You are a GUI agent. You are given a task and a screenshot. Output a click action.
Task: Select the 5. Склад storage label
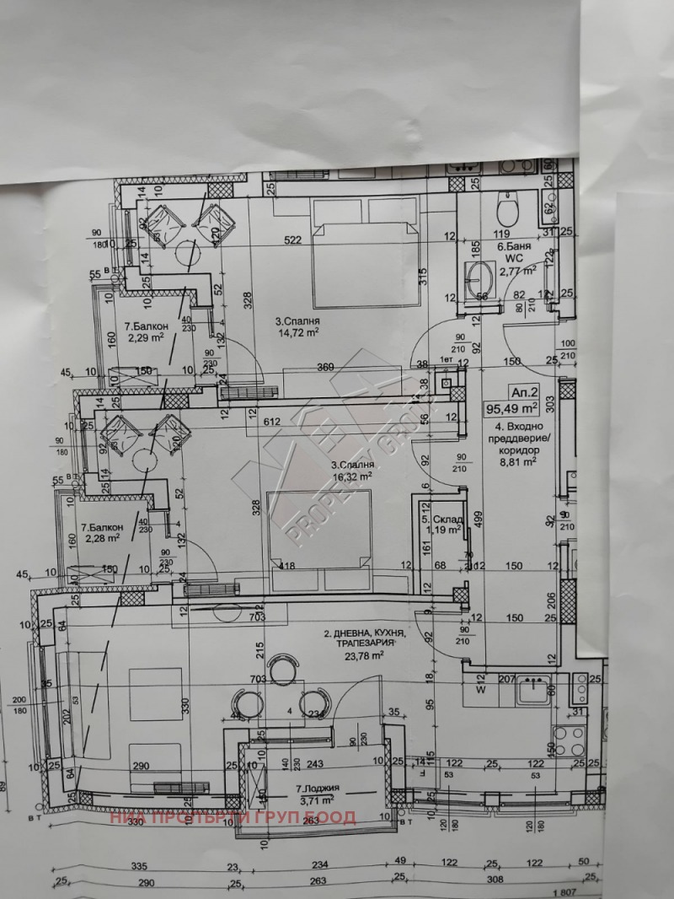tap(441, 518)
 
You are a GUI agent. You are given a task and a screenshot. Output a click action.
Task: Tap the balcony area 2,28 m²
tap(100, 536)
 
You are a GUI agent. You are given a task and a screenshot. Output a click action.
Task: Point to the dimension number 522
tap(292, 240)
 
